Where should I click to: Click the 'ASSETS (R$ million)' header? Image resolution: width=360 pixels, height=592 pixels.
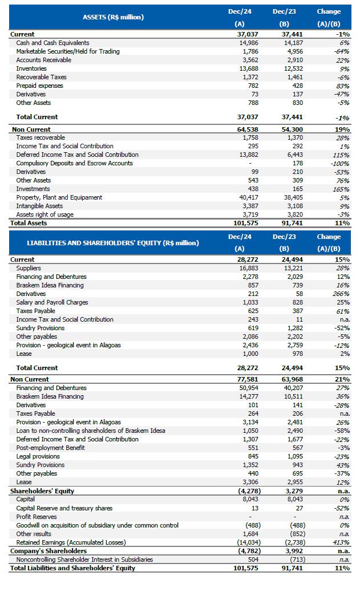point(113,17)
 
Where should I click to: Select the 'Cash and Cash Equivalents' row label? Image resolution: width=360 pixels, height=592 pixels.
point(52,43)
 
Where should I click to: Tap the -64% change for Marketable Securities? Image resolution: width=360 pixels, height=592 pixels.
point(342,51)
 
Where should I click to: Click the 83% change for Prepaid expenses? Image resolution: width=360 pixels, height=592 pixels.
point(343,86)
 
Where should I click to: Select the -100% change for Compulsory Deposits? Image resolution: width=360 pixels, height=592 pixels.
point(340,163)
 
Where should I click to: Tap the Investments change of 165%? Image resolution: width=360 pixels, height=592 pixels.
point(341,189)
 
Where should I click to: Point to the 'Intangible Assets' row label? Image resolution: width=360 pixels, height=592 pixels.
point(39,206)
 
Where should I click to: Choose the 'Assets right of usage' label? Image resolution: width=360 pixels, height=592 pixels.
point(45,214)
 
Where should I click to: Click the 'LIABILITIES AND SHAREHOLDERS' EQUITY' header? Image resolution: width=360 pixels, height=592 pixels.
point(113,243)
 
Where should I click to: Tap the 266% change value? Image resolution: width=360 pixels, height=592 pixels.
point(341,294)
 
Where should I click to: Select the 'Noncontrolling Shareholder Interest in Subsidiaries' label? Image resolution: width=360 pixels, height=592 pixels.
point(84,559)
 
